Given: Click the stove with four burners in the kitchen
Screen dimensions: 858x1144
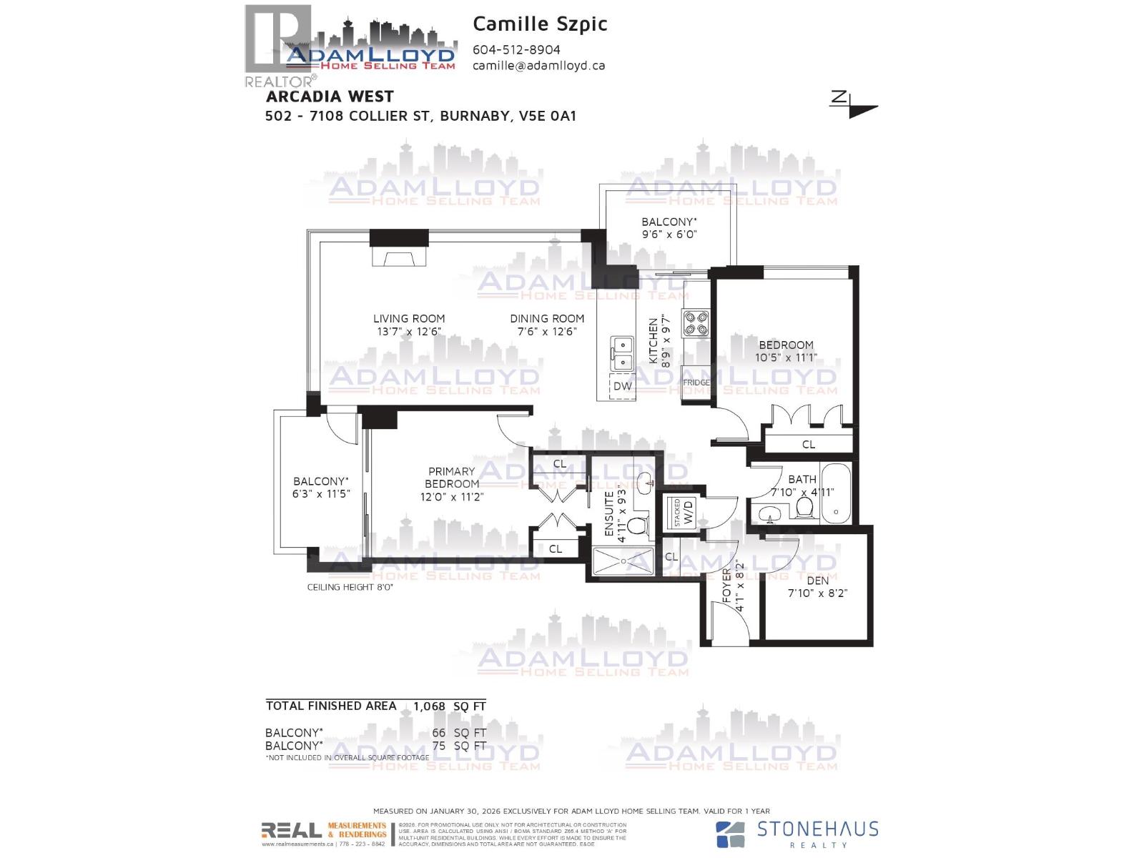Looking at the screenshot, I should point(696,323).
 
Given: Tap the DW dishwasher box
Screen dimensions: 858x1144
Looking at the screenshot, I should point(623,385).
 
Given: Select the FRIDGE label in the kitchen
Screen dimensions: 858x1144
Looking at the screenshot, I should point(696,383).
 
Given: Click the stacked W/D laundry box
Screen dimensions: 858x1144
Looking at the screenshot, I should point(683,511).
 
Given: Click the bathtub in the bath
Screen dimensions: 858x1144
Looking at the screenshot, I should point(836,493).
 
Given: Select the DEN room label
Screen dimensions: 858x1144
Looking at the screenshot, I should point(817,581).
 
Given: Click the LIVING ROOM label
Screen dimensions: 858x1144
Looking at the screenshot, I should point(409,319).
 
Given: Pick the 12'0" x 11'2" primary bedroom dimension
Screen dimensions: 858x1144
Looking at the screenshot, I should point(451,497).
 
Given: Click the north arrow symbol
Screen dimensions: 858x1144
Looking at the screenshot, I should point(853,104).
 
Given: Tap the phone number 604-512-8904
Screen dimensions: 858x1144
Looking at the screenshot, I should point(516,50).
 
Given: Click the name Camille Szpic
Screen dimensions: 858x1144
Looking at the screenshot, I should point(540,24).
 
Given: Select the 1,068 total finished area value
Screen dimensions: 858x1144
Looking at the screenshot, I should point(429,706).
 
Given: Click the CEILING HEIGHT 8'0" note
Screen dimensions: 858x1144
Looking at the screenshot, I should point(350,587).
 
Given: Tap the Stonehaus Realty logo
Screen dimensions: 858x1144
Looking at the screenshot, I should point(797,833).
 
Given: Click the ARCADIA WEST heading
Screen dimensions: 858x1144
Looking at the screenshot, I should point(330,96).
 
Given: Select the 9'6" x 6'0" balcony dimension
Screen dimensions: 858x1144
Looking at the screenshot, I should point(669,234).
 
